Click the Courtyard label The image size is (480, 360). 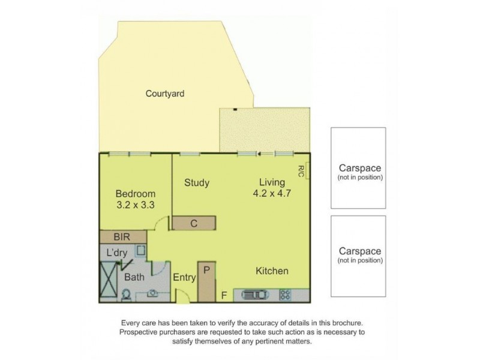tap(164, 94)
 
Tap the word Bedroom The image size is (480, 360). tap(136, 194)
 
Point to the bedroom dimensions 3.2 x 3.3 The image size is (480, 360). tap(136, 205)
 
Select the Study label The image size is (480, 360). tap(197, 182)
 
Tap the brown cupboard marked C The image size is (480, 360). tap(194, 223)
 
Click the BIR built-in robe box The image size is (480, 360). tap(123, 238)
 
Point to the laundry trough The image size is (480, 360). tap(140, 252)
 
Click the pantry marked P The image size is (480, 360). tap(206, 280)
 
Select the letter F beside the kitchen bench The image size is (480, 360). tap(223, 295)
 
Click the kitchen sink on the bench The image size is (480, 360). tap(257, 295)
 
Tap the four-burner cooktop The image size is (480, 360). tap(286, 295)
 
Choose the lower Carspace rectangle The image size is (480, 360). tap(358, 255)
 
